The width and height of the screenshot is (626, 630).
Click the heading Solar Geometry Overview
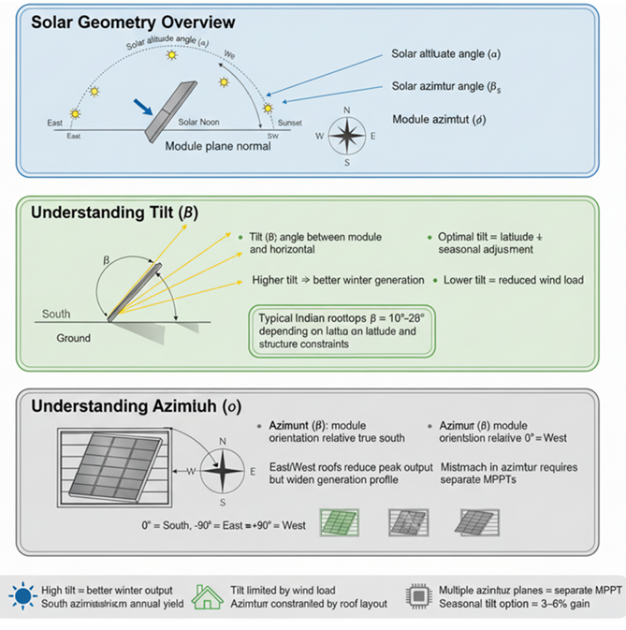pyautogui.click(x=133, y=22)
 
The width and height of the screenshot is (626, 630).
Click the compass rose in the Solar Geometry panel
pyautogui.click(x=347, y=136)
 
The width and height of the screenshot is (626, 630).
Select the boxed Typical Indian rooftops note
pyautogui.click(x=342, y=331)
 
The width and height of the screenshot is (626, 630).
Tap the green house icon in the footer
pyautogui.click(x=206, y=596)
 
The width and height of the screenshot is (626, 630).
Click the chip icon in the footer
pyautogui.click(x=417, y=596)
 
